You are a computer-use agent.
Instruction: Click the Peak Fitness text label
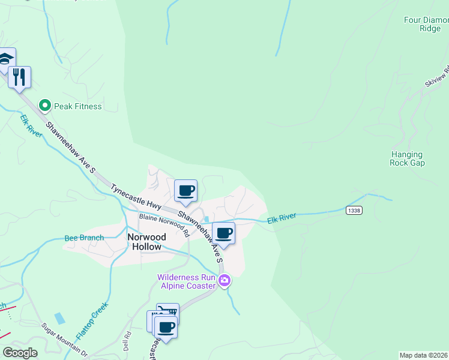(78, 106)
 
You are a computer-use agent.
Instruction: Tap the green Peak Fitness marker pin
(44, 106)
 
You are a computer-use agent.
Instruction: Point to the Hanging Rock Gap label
(408, 158)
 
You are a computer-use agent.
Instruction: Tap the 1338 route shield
(354, 210)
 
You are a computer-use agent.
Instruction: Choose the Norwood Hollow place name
(145, 242)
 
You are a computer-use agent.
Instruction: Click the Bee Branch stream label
(84, 238)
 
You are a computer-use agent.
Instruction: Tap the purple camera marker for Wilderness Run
(224, 280)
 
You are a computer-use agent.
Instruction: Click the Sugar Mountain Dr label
(64, 338)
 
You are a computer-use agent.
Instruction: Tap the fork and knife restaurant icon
(20, 77)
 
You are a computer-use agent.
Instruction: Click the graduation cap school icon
(5, 59)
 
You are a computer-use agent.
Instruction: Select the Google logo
(20, 353)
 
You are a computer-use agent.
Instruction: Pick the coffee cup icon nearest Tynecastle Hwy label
(186, 190)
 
